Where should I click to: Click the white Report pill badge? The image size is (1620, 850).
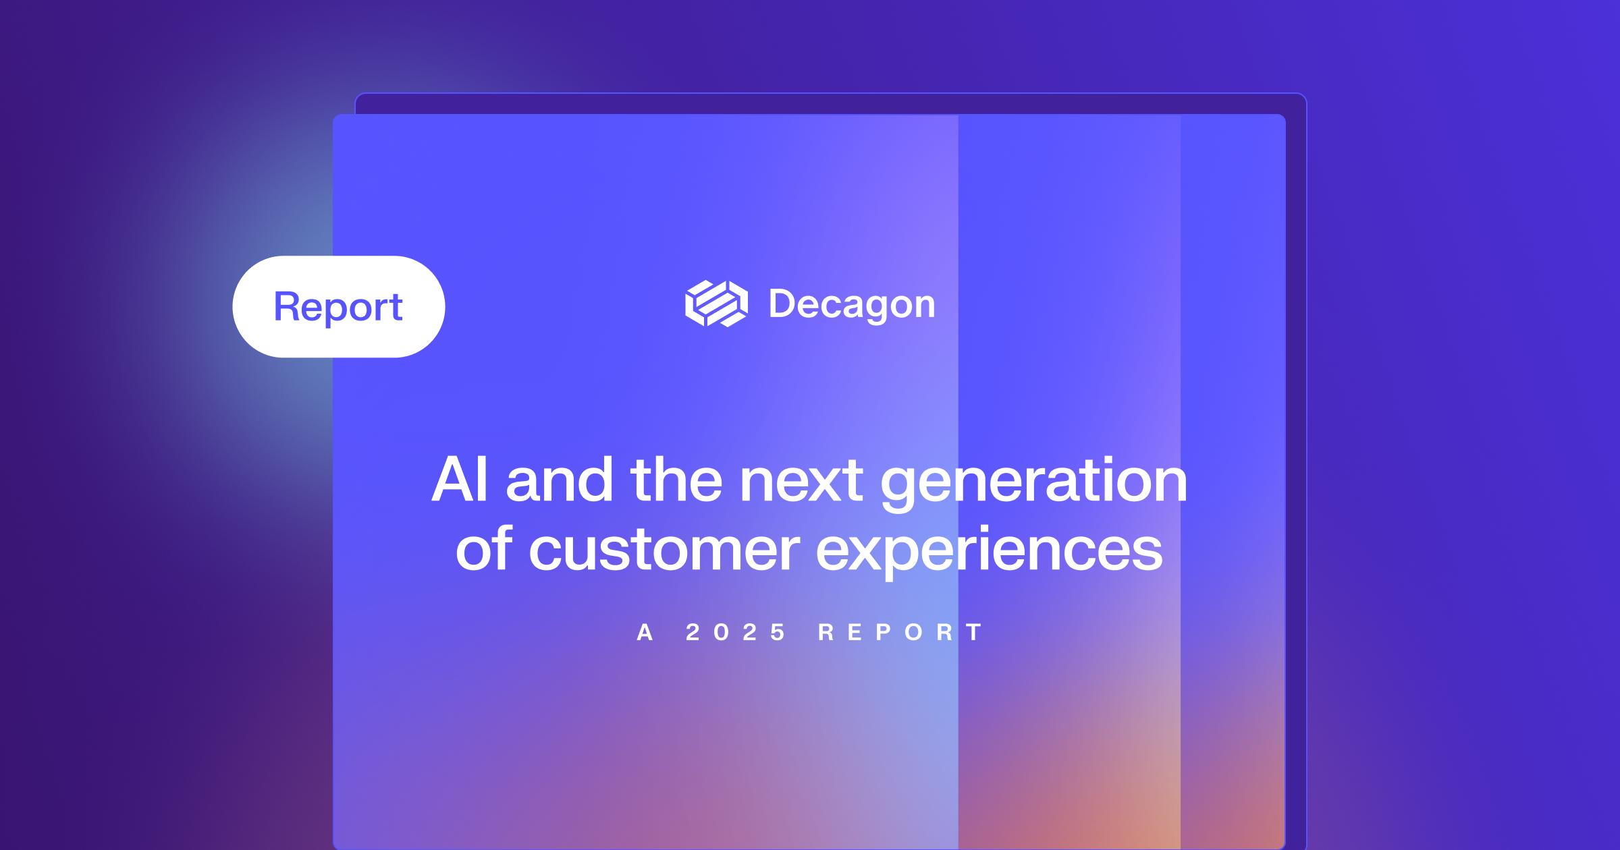[338, 307]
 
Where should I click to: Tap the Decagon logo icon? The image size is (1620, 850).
[716, 304]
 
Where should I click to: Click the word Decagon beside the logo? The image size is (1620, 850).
[852, 305]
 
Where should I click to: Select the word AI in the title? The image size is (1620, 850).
[460, 480]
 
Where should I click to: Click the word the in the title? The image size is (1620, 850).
[678, 480]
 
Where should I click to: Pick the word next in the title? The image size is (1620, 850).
[801, 481]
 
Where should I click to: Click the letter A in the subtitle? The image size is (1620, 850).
[645, 633]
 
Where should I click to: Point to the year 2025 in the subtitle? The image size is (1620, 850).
[735, 633]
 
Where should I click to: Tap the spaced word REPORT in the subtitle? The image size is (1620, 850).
[900, 633]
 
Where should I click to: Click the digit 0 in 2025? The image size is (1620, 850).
[721, 633]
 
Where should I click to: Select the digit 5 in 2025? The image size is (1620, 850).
[778, 633]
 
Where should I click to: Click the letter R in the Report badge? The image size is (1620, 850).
[286, 306]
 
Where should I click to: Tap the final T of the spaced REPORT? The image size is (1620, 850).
[973, 633]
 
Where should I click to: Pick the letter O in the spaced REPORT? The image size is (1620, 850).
[914, 633]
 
